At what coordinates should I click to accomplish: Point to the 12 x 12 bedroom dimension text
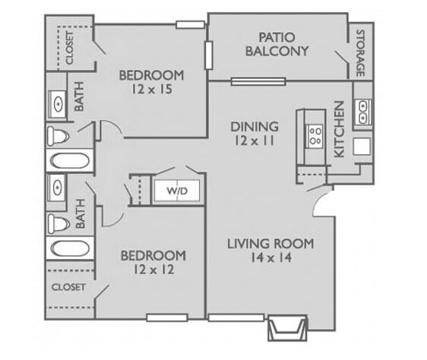[x=153, y=268]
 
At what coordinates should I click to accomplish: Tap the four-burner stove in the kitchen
[x=313, y=135]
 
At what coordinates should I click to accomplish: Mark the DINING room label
[x=255, y=126]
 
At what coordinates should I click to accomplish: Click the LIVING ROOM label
[x=270, y=244]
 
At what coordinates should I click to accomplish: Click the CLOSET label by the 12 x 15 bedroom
[x=68, y=48]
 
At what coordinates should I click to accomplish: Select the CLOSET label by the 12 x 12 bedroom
[x=68, y=288]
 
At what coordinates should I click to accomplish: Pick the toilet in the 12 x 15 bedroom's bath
[x=59, y=137]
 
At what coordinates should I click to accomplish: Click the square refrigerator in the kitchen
[x=362, y=146]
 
